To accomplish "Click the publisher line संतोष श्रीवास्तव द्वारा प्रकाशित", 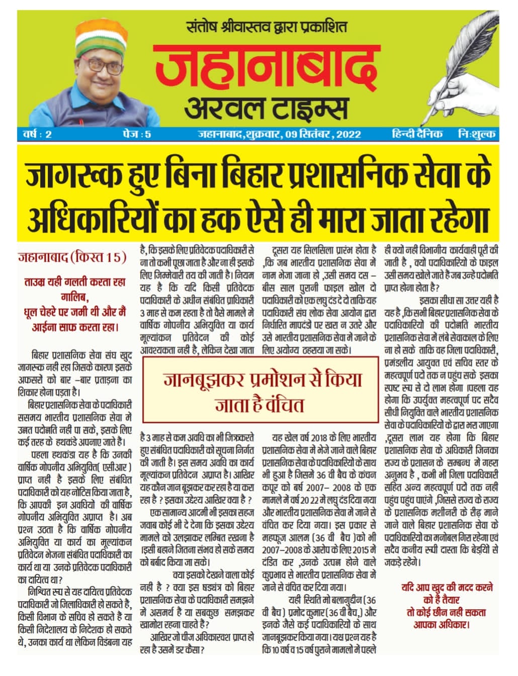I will tap(266, 26).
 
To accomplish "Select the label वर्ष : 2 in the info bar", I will tap(37, 134).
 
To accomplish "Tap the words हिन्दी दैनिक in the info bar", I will tap(417, 134).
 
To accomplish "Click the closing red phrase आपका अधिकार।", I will tap(441, 625).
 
